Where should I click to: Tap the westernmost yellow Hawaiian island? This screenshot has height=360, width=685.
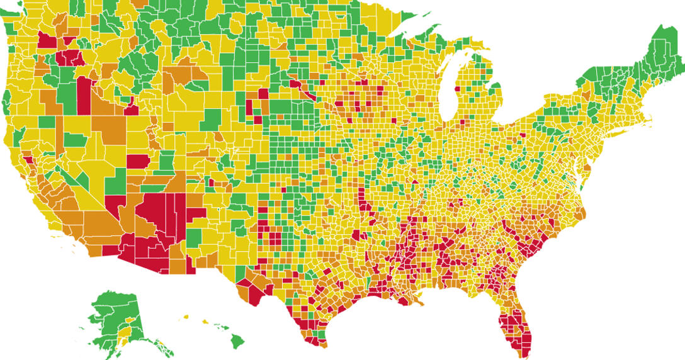pos(186,317)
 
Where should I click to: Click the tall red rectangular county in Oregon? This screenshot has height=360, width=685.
pos(84,94)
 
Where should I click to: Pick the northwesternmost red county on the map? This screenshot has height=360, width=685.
pos(47,40)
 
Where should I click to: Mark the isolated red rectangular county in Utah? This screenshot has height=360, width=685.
pos(137,160)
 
